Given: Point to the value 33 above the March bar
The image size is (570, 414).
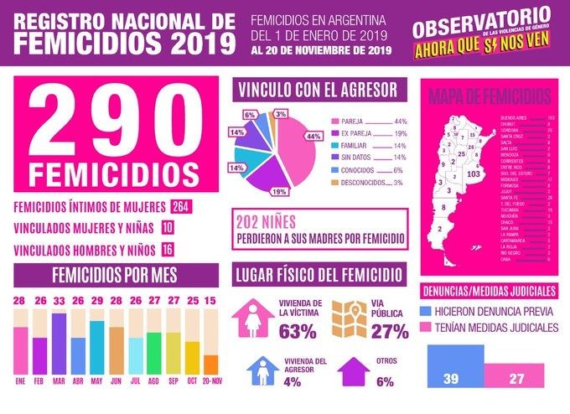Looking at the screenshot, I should coord(60,301).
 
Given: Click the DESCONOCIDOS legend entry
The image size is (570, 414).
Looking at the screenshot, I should coord(366,182).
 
